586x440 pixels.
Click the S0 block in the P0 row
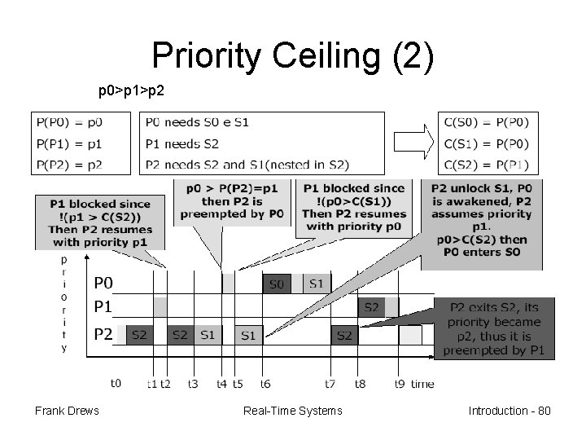coord(276,284)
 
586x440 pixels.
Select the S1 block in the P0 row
coord(316,284)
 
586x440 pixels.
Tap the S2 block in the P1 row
coord(371,308)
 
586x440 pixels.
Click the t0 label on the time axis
coord(116,382)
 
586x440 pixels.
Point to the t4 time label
coord(222,383)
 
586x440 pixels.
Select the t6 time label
coord(265,383)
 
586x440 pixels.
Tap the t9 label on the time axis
coord(399,383)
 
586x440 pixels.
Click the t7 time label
coord(330,383)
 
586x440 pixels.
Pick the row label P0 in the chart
coord(103,284)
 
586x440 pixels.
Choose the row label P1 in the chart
coord(103,307)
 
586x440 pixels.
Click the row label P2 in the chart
coord(103,334)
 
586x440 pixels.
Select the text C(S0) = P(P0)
coord(487,123)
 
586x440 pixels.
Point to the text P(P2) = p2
coord(70,165)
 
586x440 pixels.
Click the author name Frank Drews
coord(67,410)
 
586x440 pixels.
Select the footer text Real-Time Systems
coord(293,410)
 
